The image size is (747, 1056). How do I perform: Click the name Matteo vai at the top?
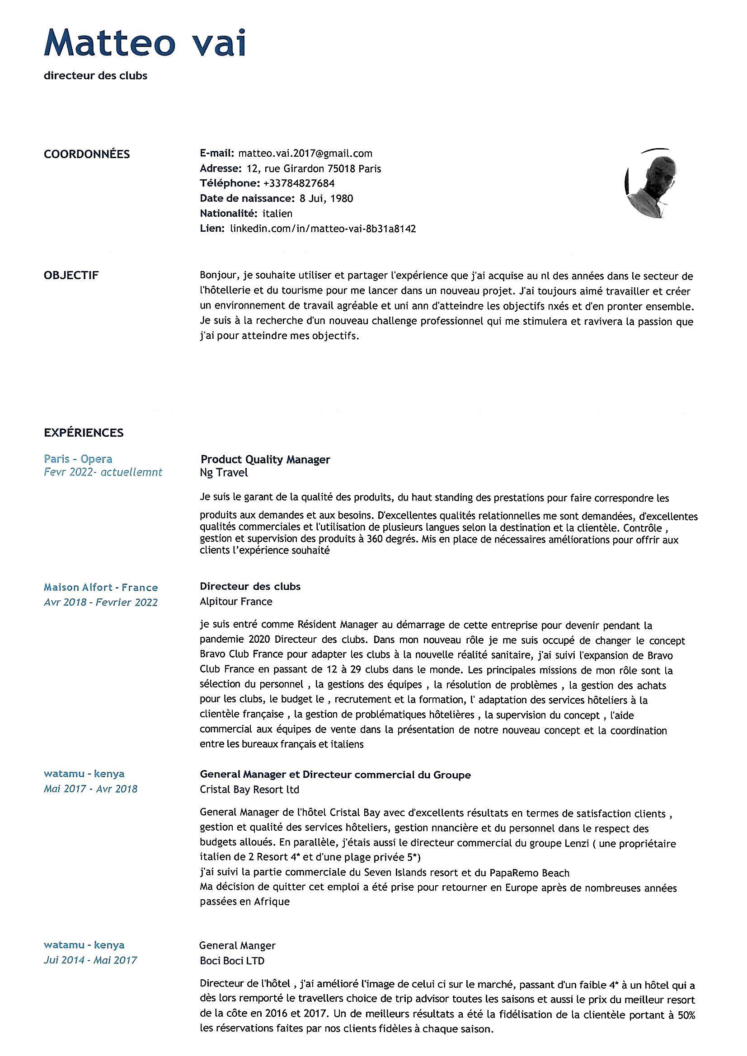click(x=145, y=43)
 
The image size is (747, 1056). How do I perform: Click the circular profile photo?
click(x=651, y=183)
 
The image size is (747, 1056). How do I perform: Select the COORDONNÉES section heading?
click(x=86, y=154)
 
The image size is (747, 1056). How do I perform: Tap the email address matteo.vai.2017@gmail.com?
click(x=305, y=153)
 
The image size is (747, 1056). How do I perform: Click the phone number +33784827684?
click(x=299, y=183)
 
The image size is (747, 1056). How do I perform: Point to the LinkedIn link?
click(x=323, y=229)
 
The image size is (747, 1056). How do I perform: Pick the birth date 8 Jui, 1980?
click(x=326, y=198)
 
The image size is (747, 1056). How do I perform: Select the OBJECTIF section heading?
click(x=71, y=276)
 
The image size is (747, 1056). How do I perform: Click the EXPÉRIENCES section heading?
click(x=83, y=432)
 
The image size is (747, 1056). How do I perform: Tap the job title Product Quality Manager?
click(x=265, y=459)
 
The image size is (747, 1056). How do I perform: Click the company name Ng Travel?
click(x=224, y=472)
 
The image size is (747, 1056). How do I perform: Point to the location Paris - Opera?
click(x=78, y=458)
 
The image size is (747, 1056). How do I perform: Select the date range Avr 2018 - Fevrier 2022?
click(x=100, y=602)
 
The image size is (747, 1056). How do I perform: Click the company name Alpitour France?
click(x=236, y=601)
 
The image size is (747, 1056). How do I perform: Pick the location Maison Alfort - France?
click(x=100, y=587)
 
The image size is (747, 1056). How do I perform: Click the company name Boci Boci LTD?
click(x=232, y=961)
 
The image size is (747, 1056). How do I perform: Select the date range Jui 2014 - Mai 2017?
click(x=90, y=960)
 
